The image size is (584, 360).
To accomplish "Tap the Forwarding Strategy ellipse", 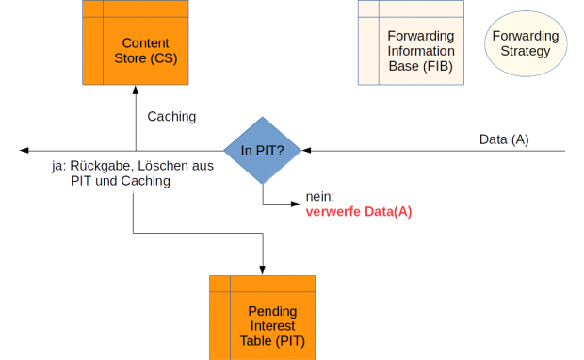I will click(x=525, y=42).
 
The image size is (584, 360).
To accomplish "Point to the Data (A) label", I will click(x=504, y=139).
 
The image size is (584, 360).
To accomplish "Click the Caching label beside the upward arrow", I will click(x=171, y=117).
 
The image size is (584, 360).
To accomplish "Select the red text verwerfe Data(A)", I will click(x=359, y=212).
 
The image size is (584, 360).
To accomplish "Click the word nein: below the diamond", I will click(x=321, y=197).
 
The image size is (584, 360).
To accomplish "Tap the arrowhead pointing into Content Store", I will click(x=136, y=90).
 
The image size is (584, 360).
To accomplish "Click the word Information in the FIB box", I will click(x=421, y=51).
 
